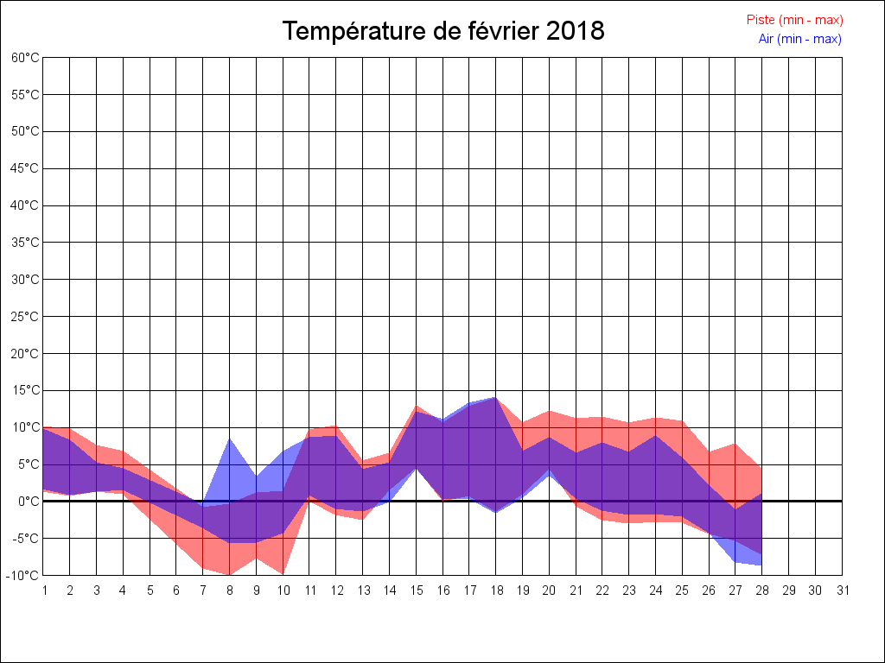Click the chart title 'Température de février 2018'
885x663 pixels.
point(443,31)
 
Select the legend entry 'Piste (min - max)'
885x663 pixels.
point(794,20)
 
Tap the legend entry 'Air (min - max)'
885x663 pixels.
point(799,38)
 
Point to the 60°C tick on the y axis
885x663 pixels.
point(26,58)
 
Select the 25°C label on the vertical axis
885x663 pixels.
point(26,317)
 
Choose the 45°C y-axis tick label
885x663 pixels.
point(26,168)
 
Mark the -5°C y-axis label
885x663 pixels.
point(26,538)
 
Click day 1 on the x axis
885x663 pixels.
point(44,590)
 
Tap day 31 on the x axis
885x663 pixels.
point(842,590)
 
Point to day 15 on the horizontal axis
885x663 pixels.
point(417,590)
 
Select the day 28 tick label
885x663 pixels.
point(762,590)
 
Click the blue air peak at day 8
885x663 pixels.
point(230,439)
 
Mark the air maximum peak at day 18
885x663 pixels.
point(496,398)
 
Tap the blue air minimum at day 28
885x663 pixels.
point(761,565)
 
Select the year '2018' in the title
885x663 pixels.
point(576,31)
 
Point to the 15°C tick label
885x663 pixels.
point(26,390)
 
